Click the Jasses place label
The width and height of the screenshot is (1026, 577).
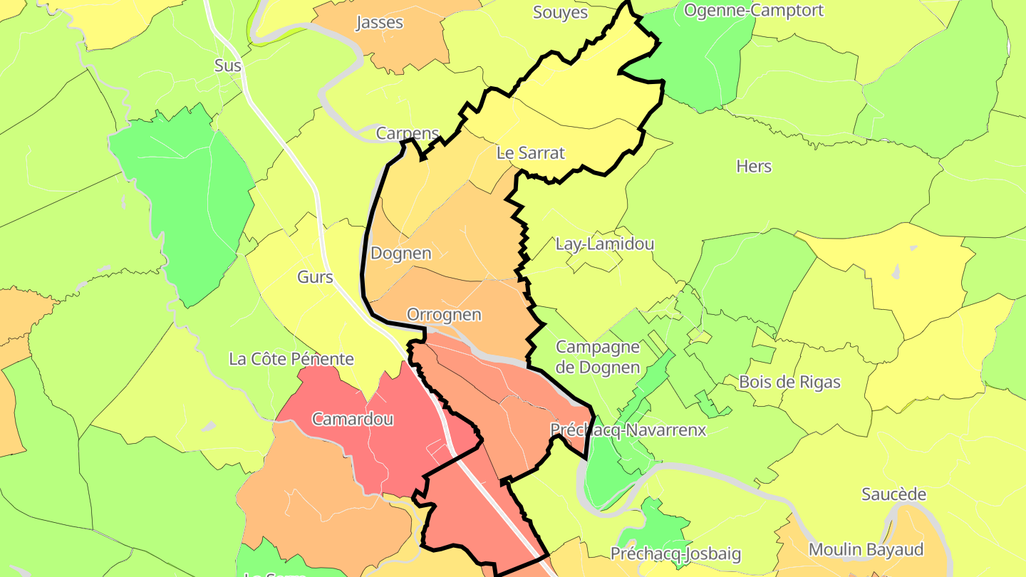tap(380, 23)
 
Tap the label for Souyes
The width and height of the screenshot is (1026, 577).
tap(561, 13)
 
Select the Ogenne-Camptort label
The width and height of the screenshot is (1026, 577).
tap(744, 11)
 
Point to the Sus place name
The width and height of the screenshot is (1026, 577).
tap(228, 66)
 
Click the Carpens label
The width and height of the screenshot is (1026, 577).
tap(408, 133)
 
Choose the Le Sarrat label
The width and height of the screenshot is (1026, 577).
tap(531, 152)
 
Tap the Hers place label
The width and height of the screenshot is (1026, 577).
tap(754, 166)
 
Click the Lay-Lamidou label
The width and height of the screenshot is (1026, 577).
tap(605, 244)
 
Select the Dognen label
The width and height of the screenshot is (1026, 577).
tap(401, 253)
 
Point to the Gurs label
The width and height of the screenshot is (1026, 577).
tap(315, 277)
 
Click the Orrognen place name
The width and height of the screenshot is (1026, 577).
tap(444, 314)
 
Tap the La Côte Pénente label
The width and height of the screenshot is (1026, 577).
tap(291, 358)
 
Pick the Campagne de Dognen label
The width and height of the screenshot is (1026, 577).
tap(598, 358)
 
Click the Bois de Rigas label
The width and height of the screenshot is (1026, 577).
tap(789, 382)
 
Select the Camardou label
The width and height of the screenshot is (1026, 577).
tap(353, 419)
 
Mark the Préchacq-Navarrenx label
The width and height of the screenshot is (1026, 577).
tap(628, 430)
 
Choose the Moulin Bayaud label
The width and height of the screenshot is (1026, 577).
tap(866, 549)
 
